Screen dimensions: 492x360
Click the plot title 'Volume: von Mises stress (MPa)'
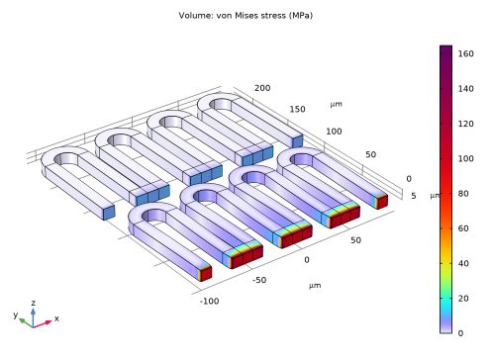pyautogui.click(x=246, y=16)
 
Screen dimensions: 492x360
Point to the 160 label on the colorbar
pyautogui.click(x=465, y=53)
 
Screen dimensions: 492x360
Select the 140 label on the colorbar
pyautogui.click(x=465, y=89)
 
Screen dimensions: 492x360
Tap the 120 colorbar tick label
pyautogui.click(x=465, y=124)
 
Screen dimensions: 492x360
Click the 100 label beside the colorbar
pyautogui.click(x=465, y=158)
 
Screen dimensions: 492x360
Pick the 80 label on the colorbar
pyautogui.click(x=463, y=194)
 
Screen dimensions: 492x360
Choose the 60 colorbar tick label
pyautogui.click(x=463, y=228)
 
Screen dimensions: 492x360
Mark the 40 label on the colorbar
pyautogui.click(x=463, y=263)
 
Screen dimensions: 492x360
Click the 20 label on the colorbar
pyautogui.click(x=463, y=299)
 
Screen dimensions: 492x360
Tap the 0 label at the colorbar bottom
pyautogui.click(x=460, y=333)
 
